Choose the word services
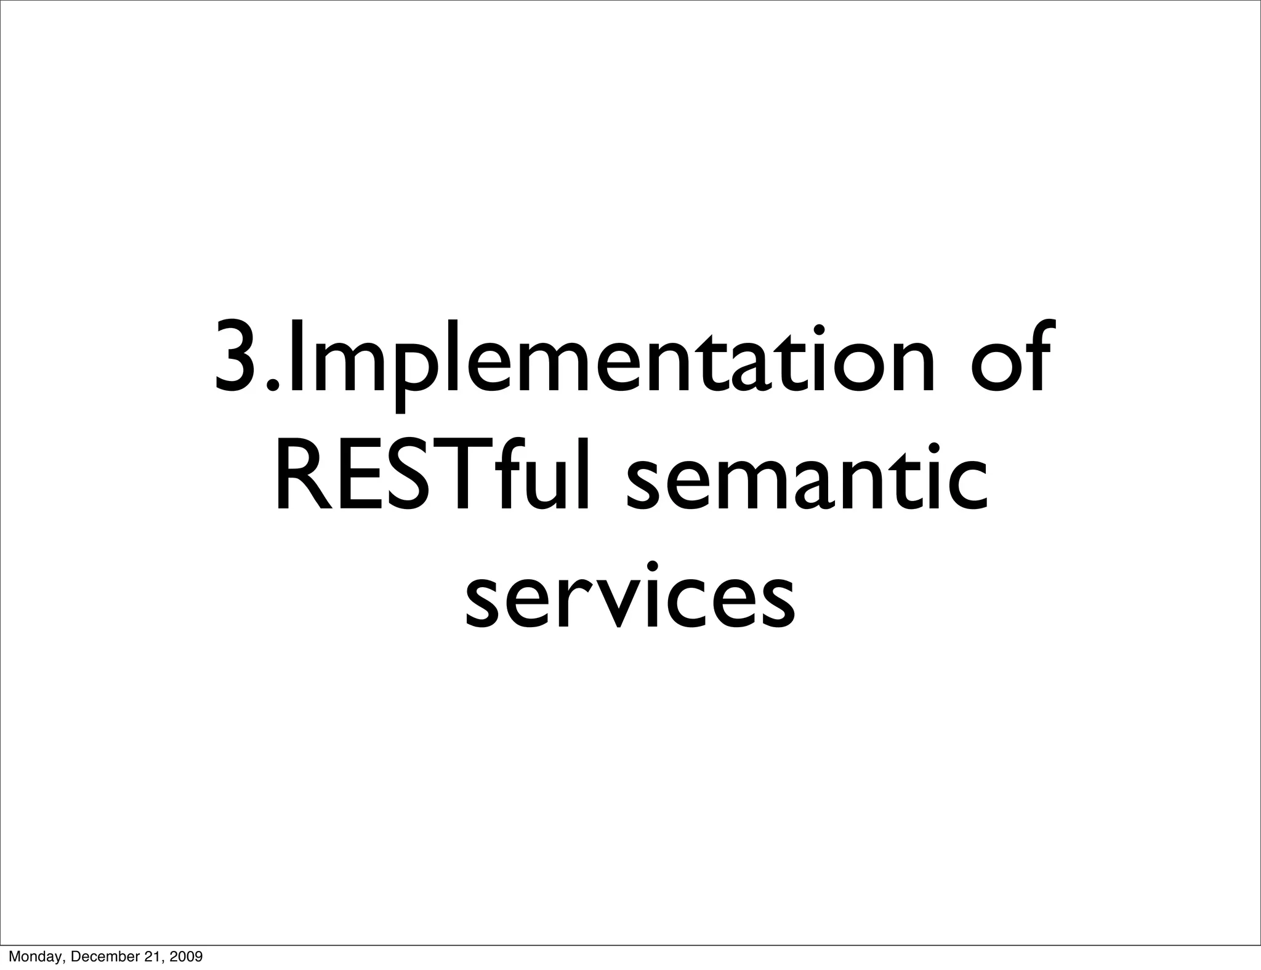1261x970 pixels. [630, 596]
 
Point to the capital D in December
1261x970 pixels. [77, 956]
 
